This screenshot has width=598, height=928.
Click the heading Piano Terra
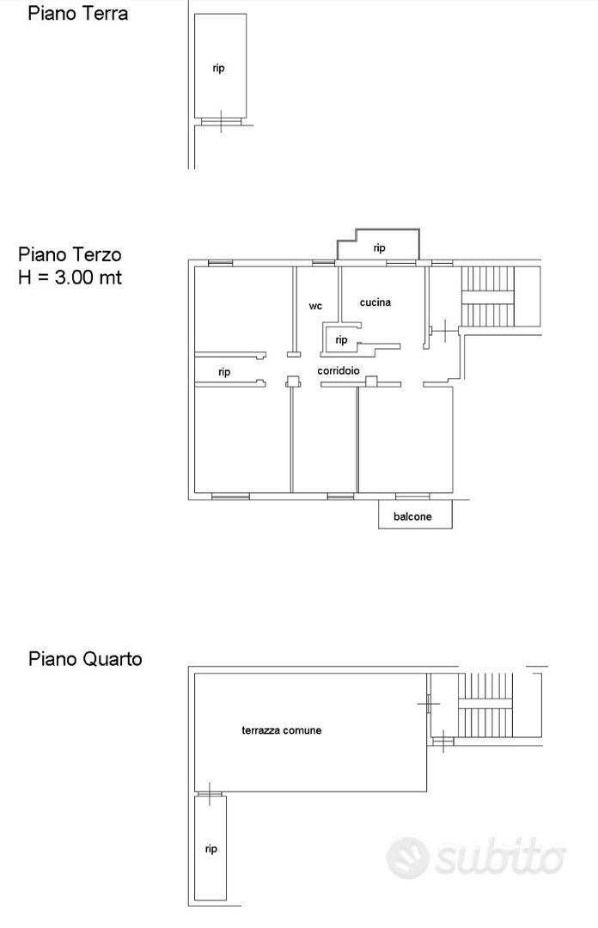click(77, 13)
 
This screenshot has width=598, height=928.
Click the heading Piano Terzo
click(70, 254)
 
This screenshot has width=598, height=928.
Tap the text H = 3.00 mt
click(70, 277)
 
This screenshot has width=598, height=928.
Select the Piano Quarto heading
click(85, 659)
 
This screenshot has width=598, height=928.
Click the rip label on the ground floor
click(218, 69)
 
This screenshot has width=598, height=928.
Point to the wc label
click(315, 306)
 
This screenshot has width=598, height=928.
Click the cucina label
click(375, 302)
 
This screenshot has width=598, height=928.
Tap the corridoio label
click(339, 371)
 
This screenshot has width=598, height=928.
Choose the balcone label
click(412, 516)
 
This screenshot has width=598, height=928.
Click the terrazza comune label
click(281, 730)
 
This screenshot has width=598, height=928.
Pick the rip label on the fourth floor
click(211, 849)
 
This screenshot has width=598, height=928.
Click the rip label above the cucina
click(380, 248)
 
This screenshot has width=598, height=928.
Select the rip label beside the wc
click(341, 340)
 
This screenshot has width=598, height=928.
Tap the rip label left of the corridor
click(223, 372)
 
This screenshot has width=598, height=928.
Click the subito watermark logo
click(476, 858)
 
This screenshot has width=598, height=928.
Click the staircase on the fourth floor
click(485, 704)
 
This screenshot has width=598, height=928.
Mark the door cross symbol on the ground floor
click(221, 121)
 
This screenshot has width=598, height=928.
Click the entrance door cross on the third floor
click(444, 330)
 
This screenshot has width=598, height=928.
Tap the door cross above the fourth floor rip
click(209, 794)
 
